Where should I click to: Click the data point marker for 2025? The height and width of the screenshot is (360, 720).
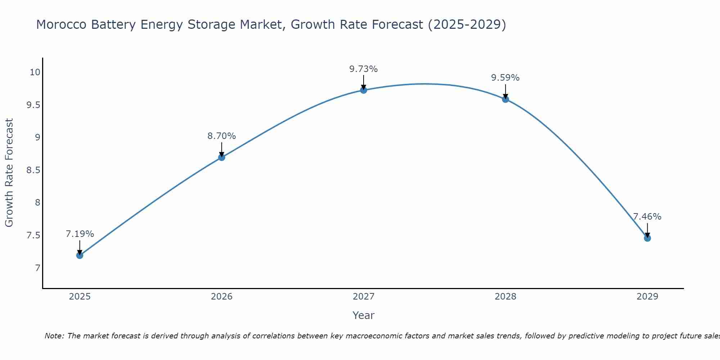(x=80, y=255)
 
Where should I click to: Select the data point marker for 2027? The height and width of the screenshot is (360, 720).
(x=364, y=90)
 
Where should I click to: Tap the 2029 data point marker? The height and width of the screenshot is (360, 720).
(x=647, y=238)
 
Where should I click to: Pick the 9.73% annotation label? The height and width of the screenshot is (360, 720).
(x=364, y=69)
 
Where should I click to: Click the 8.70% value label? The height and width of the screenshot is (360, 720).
(x=221, y=136)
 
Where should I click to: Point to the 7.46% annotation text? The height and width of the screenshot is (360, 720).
(x=647, y=217)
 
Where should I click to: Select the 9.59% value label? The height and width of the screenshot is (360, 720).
(x=505, y=78)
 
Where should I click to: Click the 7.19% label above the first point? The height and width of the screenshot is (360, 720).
(x=80, y=234)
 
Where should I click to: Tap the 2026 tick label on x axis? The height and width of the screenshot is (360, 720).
(x=221, y=297)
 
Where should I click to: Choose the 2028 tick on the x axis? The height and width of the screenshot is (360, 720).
(x=505, y=297)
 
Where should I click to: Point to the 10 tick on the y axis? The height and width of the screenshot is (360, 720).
(x=35, y=72)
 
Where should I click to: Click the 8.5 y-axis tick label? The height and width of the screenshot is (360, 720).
(x=33, y=170)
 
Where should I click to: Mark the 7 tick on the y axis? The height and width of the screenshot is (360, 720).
(x=37, y=268)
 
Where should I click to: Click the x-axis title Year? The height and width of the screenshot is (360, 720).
(x=364, y=315)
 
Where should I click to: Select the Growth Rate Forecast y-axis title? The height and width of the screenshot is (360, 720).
(x=9, y=173)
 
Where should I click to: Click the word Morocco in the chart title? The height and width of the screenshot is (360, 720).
(x=61, y=24)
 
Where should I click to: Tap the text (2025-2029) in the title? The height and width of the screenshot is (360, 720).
(x=467, y=24)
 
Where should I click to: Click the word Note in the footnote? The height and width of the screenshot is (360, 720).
(x=54, y=336)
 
